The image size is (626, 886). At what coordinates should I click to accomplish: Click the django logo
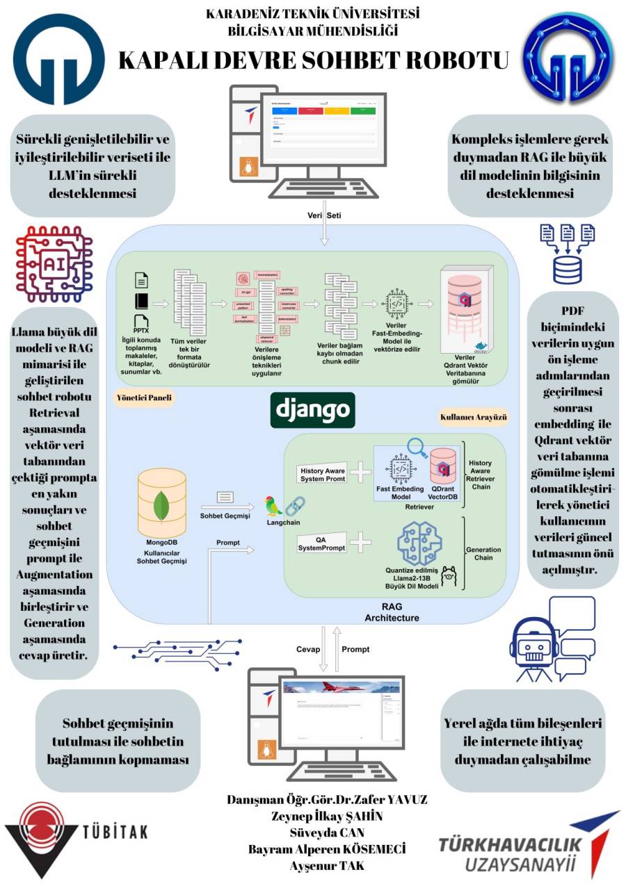312,410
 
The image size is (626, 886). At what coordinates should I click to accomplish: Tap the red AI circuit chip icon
54,263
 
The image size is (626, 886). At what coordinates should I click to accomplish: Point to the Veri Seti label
324,215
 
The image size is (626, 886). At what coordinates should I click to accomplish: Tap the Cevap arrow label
308,649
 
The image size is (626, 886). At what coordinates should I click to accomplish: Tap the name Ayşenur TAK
327,866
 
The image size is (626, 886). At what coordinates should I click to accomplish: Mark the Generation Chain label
483,554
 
